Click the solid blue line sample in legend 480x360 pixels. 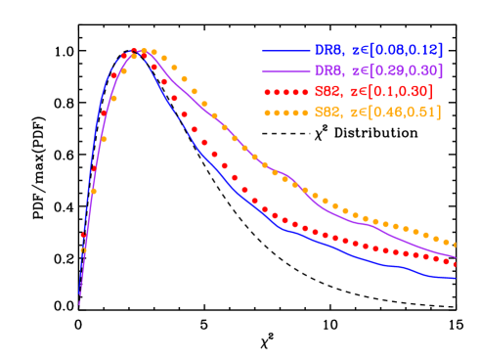[x=284, y=49]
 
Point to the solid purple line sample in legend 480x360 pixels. [x=284, y=70]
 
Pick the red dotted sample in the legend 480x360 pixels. [x=284, y=91]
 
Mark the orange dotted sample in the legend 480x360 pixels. [x=284, y=112]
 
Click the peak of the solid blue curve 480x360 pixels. [x=134, y=51]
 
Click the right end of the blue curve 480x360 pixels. [x=457, y=279]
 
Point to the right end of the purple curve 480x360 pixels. [x=457, y=258]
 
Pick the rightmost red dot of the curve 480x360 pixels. [x=456, y=264]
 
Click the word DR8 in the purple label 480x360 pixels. [x=327, y=70]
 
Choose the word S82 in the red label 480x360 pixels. [x=327, y=91]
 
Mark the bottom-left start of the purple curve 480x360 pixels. [x=79, y=304]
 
